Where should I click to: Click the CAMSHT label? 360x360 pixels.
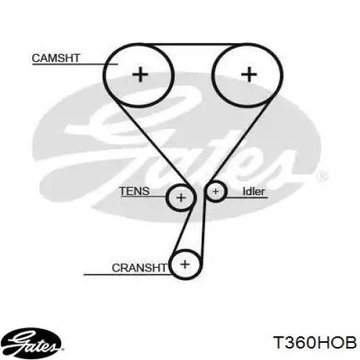pos(56,58)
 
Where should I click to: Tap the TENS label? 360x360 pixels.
pos(135,191)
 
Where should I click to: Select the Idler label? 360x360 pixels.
pos(253,192)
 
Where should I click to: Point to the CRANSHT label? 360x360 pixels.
pos(139,268)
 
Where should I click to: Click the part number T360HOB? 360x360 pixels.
pos(315,342)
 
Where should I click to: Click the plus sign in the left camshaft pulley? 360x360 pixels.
pos(140,74)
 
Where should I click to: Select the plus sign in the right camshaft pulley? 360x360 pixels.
pos(249,74)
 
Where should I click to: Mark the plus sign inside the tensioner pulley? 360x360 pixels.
pos(181,198)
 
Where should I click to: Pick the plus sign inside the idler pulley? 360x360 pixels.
pos(215,192)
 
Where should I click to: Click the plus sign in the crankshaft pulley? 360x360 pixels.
pos(185,264)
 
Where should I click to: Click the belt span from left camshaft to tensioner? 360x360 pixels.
pos(151,142)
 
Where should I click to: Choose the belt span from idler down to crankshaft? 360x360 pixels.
pos(203,230)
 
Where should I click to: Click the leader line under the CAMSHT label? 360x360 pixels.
pos(75,64)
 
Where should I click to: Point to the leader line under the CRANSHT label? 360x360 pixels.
pos(127,274)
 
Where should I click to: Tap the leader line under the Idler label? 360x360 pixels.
pos(246,198)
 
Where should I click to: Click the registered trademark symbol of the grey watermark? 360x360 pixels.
pos(323,176)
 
